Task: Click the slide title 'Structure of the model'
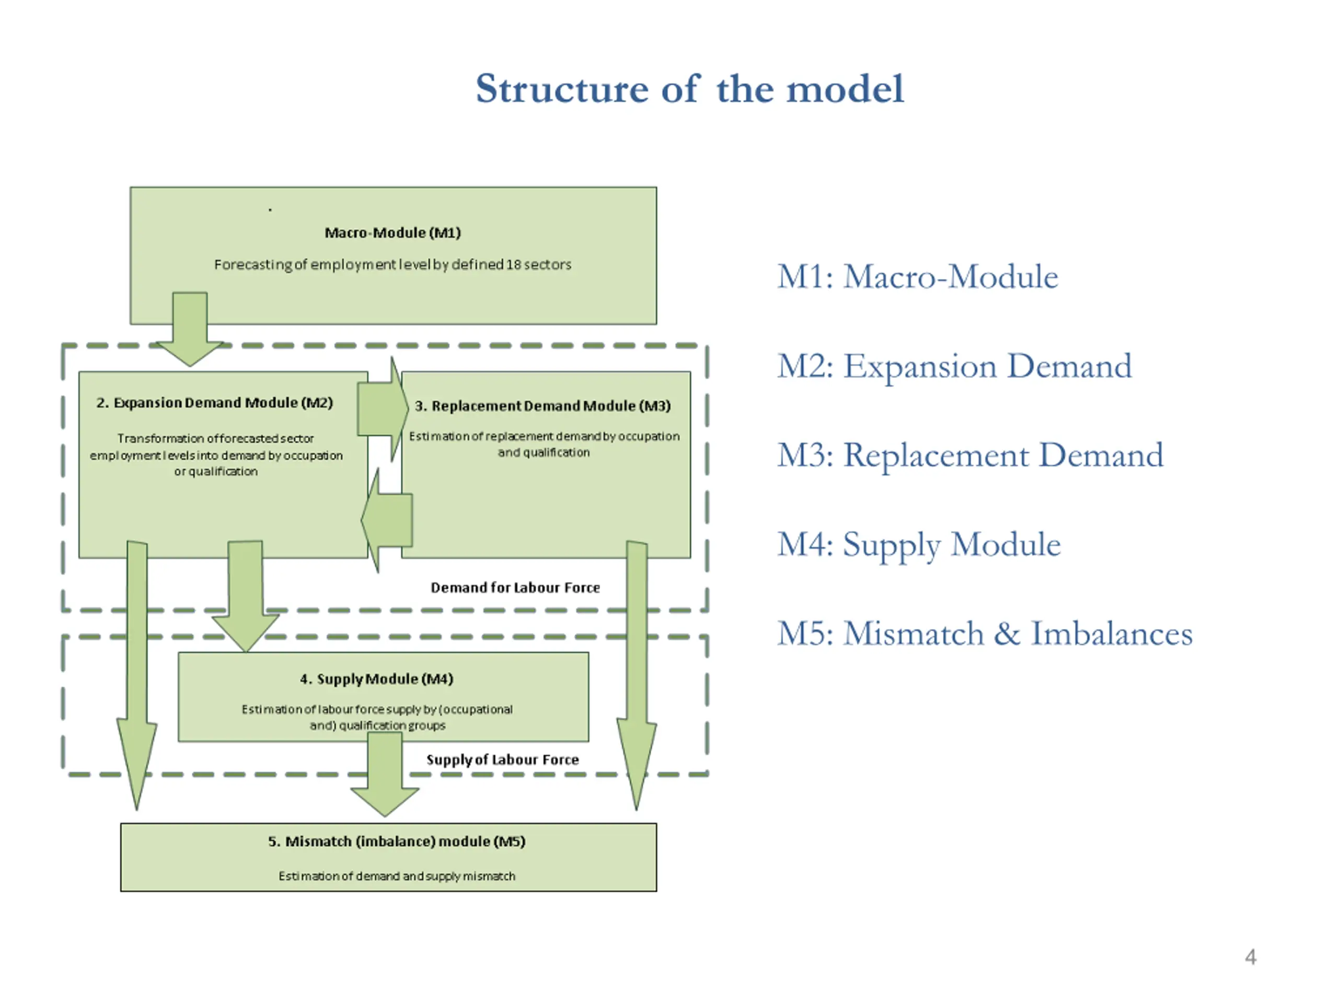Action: click(x=689, y=89)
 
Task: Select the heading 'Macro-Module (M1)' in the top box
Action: click(x=393, y=233)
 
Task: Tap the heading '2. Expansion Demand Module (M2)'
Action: click(x=215, y=403)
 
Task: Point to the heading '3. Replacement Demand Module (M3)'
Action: click(x=543, y=406)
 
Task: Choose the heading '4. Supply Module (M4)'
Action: click(x=376, y=679)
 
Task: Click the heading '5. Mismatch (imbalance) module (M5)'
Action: click(x=397, y=841)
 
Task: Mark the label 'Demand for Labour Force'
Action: click(x=515, y=588)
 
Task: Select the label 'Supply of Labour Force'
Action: click(x=503, y=760)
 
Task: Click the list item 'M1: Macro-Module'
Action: click(x=918, y=277)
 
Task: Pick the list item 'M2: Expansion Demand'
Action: click(x=954, y=366)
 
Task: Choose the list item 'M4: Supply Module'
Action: click(x=919, y=545)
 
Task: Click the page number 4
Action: click(x=1250, y=957)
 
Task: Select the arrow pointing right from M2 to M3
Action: click(x=383, y=410)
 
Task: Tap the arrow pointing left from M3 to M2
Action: click(x=387, y=520)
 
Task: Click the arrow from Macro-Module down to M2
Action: click(x=190, y=330)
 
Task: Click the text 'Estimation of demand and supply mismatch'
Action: click(x=397, y=876)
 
